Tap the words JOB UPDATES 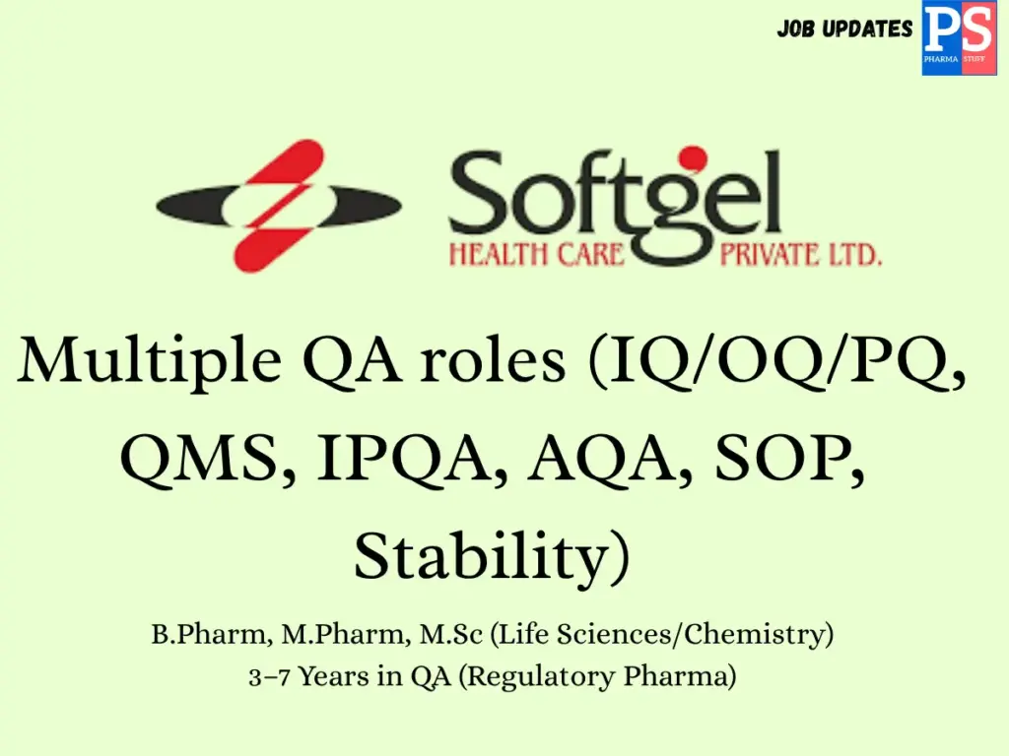[x=844, y=29]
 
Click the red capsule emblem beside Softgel [x=279, y=206]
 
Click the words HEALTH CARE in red [x=537, y=256]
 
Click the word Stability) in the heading [x=491, y=558]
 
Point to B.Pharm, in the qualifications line [x=209, y=635]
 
